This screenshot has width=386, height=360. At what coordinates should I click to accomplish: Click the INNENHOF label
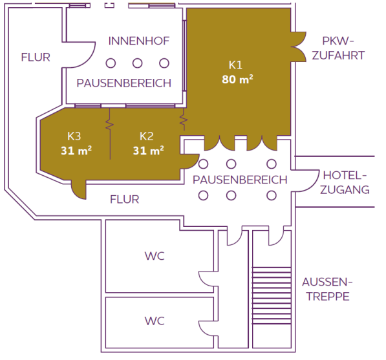point(139,41)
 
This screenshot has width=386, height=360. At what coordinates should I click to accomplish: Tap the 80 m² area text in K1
point(237,79)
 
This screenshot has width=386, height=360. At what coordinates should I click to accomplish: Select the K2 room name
point(147,136)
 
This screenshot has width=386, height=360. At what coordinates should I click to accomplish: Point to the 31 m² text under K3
point(76,151)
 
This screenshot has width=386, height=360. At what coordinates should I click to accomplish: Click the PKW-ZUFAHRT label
point(338,48)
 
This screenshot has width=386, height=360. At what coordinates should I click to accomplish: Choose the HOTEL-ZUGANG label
point(345,182)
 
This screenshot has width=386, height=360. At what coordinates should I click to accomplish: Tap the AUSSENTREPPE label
point(327,289)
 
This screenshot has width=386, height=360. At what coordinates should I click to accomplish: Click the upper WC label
point(155,256)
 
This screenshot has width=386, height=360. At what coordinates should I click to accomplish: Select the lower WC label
point(155,321)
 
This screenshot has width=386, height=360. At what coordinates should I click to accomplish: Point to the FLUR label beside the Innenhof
point(36,58)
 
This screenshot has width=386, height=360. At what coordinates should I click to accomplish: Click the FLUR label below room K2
point(125,199)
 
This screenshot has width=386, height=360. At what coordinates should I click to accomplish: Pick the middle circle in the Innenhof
point(137,63)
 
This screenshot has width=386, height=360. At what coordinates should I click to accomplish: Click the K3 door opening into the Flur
point(79,189)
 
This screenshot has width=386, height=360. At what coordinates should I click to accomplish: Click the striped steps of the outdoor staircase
point(272,295)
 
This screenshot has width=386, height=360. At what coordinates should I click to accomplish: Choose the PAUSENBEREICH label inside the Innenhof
point(124,83)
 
